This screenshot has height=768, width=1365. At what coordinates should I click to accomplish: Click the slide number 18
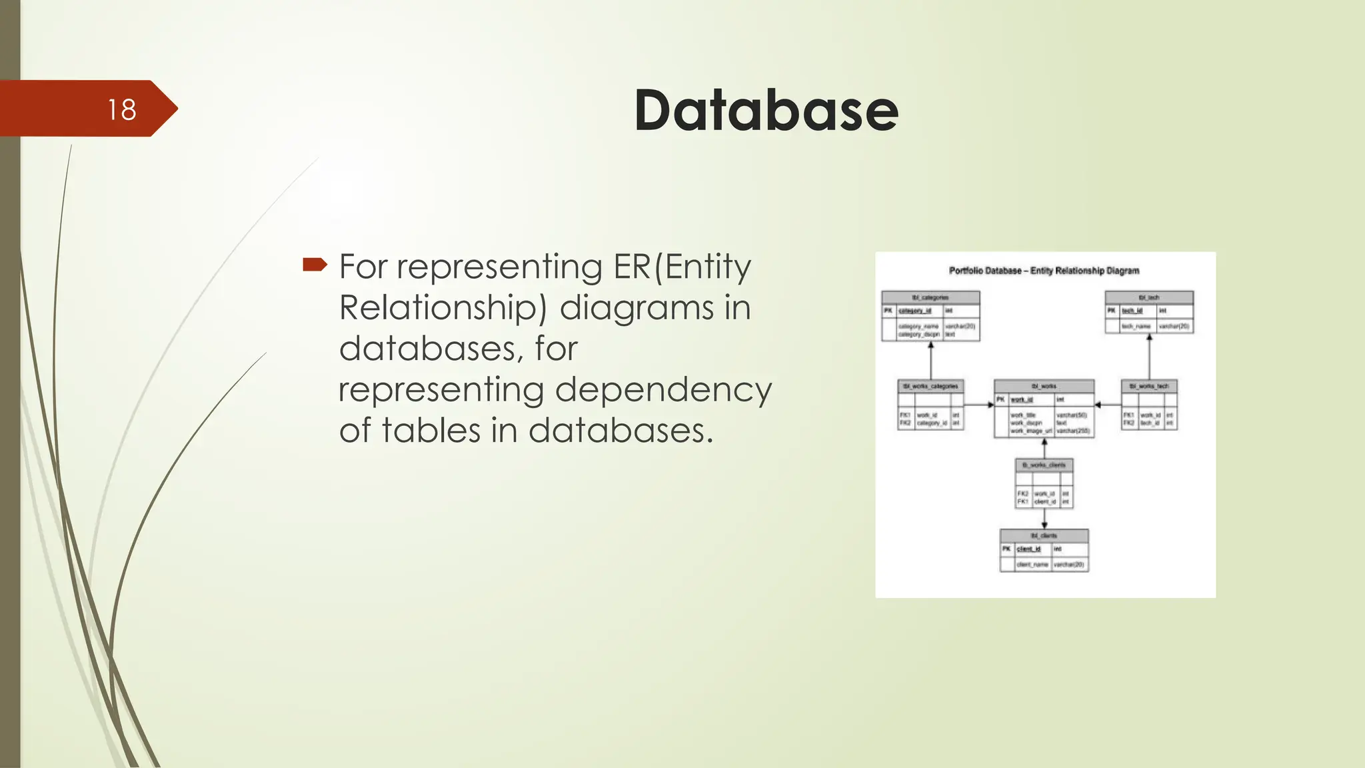pos(122,109)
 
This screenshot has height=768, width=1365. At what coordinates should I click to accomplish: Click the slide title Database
pos(766,110)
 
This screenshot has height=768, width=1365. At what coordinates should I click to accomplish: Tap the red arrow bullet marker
pos(315,265)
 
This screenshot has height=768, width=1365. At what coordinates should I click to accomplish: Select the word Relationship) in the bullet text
pos(443,307)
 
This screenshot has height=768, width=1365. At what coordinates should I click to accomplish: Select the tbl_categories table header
pos(930,297)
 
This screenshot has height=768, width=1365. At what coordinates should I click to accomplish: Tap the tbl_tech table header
pos(1149,297)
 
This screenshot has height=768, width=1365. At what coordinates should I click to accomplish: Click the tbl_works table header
pos(1044,386)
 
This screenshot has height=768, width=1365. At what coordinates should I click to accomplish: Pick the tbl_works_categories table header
pos(930,386)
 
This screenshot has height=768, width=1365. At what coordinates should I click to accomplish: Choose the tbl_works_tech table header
pos(1149,386)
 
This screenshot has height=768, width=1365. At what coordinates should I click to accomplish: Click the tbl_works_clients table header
pos(1044,465)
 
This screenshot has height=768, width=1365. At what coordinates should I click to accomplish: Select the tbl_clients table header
pos(1044,535)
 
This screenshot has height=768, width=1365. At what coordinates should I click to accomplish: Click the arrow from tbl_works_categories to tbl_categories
pos(931,361)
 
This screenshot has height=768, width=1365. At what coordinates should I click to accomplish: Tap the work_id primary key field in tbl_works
pos(1022,399)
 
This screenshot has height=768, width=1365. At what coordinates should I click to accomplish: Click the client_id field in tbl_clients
pos(1028,549)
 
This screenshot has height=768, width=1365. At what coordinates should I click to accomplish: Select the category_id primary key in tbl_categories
pos(914,311)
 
